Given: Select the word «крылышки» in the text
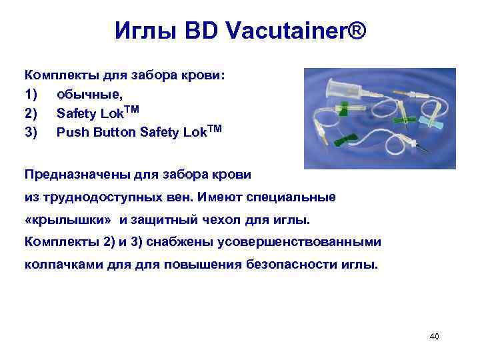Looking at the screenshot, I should pyautogui.click(x=71, y=220).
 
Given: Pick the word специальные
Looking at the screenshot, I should pyautogui.click(x=293, y=197).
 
